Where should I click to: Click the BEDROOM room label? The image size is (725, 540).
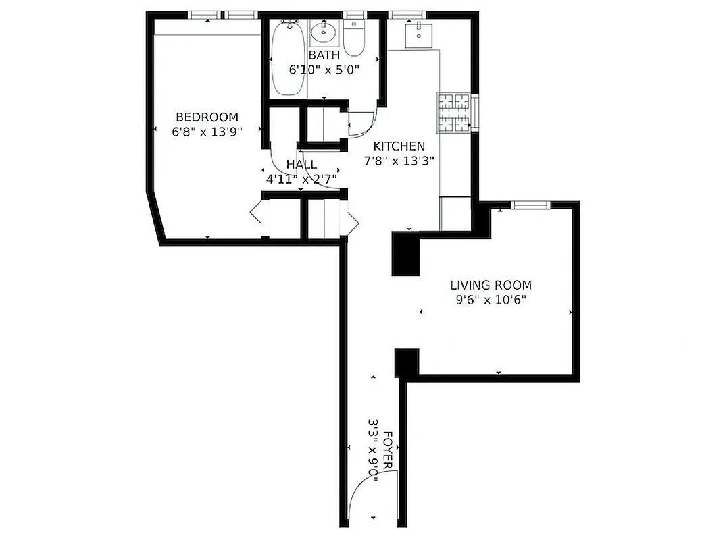pos(207,117)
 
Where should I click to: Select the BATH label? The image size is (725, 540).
pos(324,55)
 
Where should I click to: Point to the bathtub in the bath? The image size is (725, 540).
pos(289,59)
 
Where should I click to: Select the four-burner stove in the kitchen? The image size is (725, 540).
pos(453,111)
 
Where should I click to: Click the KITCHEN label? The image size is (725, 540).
pos(399,146)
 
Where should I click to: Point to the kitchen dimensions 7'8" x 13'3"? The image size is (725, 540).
pos(399,161)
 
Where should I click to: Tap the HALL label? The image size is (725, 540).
pos(301,165)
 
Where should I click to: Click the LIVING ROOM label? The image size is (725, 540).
pos(491,285)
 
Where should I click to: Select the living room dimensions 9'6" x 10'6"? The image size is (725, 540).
pos(491,300)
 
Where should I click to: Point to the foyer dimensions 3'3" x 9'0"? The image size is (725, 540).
pos(374,452)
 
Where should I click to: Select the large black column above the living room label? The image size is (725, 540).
pos(405,253)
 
